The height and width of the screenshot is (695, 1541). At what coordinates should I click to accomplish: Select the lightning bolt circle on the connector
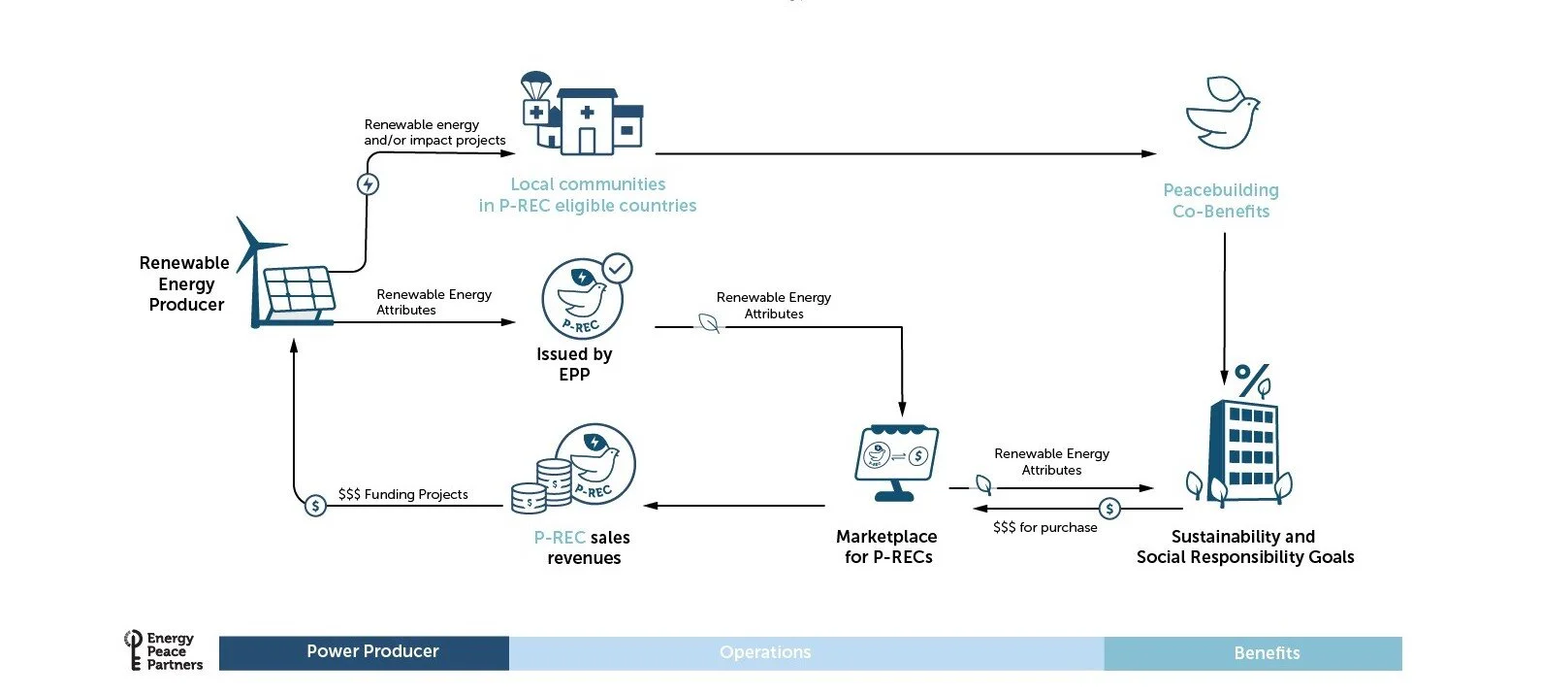(x=368, y=184)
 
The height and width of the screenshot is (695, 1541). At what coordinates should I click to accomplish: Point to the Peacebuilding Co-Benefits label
(x=1221, y=201)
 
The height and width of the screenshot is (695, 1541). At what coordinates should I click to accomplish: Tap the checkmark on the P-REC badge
(x=617, y=268)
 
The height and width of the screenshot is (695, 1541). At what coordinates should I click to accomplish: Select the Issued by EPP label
(x=574, y=364)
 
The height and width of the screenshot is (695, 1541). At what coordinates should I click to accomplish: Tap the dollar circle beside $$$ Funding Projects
(x=315, y=506)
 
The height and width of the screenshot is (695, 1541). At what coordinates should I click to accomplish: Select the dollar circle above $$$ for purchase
(x=1109, y=509)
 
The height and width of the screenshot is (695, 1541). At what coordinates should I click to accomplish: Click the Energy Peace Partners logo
(x=164, y=651)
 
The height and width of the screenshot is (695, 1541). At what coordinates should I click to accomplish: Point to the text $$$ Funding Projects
(x=402, y=494)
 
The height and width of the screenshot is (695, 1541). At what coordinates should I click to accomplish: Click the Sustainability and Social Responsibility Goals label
(x=1244, y=546)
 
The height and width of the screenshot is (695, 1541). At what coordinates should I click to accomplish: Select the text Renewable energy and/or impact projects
(x=434, y=132)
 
